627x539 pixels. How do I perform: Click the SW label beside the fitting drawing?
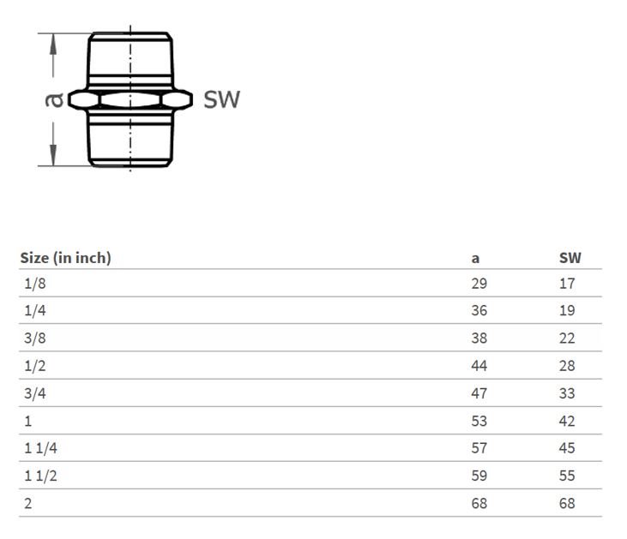[x=221, y=99]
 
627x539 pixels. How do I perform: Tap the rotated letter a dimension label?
[x=54, y=100]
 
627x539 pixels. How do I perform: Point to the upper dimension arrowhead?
[x=53, y=44]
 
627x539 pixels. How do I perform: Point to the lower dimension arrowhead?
[x=53, y=154]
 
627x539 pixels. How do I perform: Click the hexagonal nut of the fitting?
[x=130, y=99]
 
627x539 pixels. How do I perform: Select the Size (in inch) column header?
[x=65, y=258]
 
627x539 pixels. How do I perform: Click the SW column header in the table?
[x=570, y=258]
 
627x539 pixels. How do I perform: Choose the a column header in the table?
[x=475, y=259]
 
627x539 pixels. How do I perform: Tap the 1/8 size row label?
[x=35, y=284]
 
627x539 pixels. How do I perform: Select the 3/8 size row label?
[x=35, y=338]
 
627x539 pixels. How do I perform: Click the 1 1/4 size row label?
[x=40, y=448]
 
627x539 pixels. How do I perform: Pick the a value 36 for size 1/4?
[x=479, y=310]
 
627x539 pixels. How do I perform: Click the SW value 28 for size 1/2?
[x=567, y=366]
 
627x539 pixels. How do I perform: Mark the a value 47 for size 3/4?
[x=479, y=393]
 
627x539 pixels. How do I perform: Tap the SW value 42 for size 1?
[x=567, y=421]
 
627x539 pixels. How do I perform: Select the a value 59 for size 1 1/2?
[x=479, y=476]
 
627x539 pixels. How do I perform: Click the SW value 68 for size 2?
[x=567, y=503]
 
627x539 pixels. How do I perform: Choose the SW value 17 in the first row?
[x=567, y=284]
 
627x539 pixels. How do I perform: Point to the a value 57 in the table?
[x=479, y=448]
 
